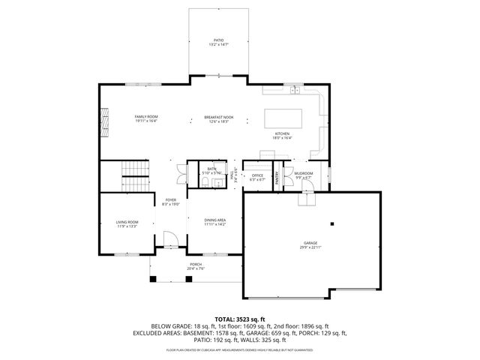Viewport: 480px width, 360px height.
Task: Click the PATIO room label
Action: click(218, 40)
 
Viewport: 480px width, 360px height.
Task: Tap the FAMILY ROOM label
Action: click(146, 117)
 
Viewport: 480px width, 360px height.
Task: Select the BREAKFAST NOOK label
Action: click(218, 117)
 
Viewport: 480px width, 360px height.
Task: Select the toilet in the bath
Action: click(205, 182)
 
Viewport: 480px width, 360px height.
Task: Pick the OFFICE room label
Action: click(257, 176)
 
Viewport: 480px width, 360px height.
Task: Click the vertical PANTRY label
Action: click(277, 178)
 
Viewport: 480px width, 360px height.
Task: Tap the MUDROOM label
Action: click(303, 173)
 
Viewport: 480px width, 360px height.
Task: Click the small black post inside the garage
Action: click(331, 223)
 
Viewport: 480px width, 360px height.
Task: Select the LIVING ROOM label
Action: click(127, 222)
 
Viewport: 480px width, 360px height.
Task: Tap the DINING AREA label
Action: click(215, 219)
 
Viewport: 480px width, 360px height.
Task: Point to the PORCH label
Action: click(196, 265)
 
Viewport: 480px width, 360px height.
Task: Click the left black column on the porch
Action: click(153, 279)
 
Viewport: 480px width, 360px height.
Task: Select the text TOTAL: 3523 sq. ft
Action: click(239, 319)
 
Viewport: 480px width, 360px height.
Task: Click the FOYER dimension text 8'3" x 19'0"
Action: click(170, 204)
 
